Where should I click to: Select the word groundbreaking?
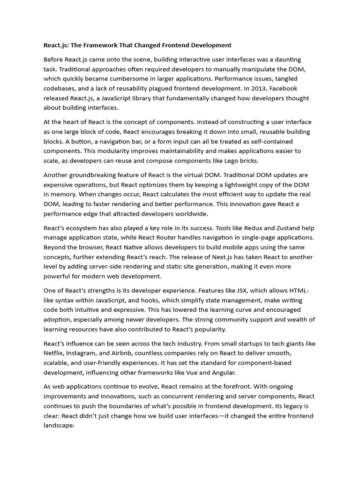pyautogui.click(x=96, y=175)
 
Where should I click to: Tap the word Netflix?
pyautogui.click(x=54, y=353)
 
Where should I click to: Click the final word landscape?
pyautogui.click(x=59, y=425)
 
